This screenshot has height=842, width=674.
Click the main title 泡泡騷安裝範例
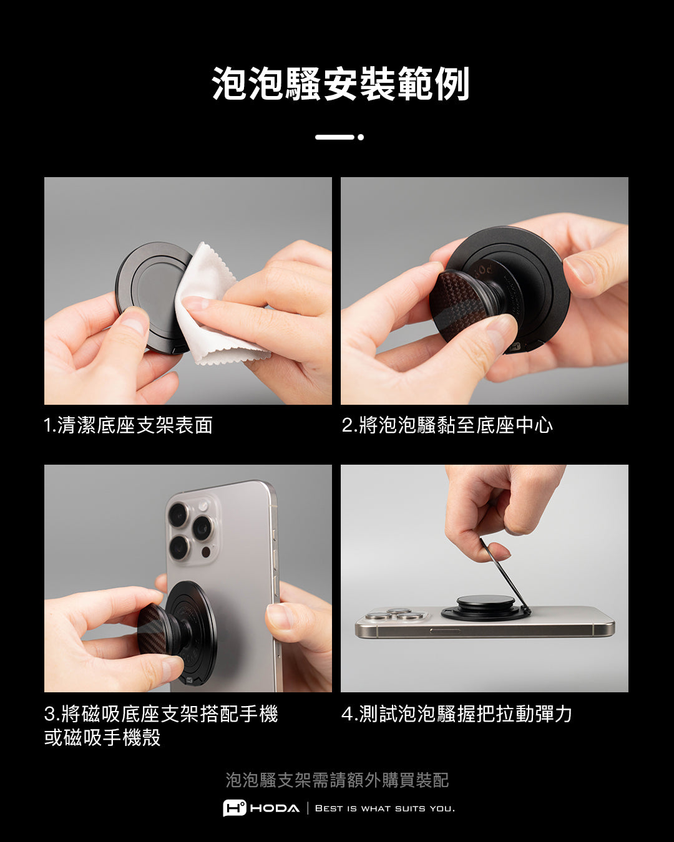point(340,84)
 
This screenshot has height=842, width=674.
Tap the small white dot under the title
point(361,137)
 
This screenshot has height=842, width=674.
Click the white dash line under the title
point(335,137)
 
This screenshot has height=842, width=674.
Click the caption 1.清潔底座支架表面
point(129,425)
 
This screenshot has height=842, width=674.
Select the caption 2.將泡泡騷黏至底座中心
point(447,425)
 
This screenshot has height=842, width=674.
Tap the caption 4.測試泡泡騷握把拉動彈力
point(457,714)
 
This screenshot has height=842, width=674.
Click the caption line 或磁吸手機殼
point(102,738)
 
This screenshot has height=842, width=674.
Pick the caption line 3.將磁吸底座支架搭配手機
point(162,714)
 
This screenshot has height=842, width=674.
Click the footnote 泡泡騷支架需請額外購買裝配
point(337,780)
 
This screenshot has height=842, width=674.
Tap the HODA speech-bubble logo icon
point(235,808)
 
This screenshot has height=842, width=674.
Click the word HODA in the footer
point(275,808)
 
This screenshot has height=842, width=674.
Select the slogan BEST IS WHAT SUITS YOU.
point(385,808)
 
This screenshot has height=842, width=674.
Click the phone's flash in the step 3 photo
point(203,506)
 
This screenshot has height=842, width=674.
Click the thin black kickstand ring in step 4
point(506,575)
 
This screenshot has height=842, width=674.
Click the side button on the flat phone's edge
point(445,631)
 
